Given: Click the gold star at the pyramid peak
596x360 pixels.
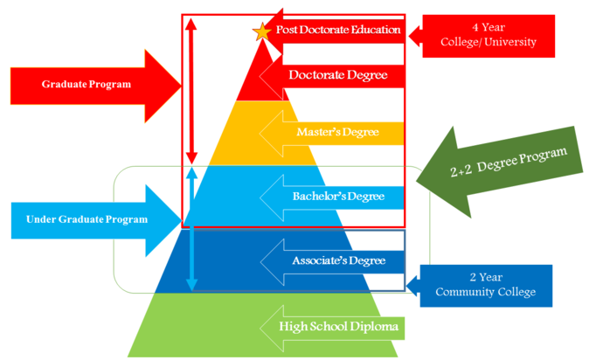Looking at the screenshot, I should pyautogui.click(x=260, y=32).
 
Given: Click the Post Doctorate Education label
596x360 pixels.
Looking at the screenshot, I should pyautogui.click(x=338, y=30).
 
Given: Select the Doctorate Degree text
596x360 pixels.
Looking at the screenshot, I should pyautogui.click(x=337, y=76).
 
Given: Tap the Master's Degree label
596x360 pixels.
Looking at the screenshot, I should pyautogui.click(x=337, y=133).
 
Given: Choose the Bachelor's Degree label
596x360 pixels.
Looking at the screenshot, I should pyautogui.click(x=338, y=196).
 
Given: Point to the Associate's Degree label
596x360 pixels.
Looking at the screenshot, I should pyautogui.click(x=338, y=260).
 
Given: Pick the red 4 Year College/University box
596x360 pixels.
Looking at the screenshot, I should pyautogui.click(x=490, y=35).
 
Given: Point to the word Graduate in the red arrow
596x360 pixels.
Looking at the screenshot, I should pyautogui.click(x=64, y=85).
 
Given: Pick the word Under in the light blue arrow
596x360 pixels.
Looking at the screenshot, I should pyautogui.click(x=41, y=218).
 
